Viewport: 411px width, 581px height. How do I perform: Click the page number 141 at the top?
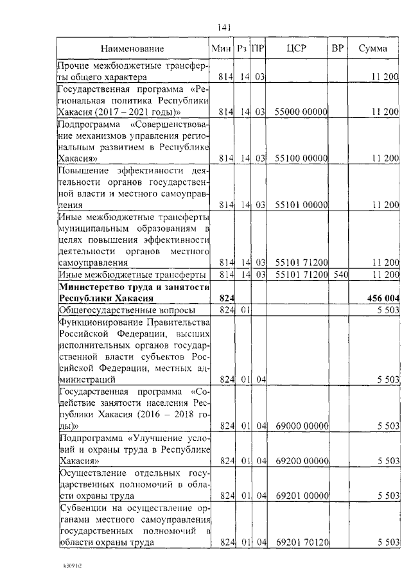coord(224,27)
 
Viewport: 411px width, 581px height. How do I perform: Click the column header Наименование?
coord(132,49)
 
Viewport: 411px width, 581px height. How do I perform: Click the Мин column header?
coord(222,49)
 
